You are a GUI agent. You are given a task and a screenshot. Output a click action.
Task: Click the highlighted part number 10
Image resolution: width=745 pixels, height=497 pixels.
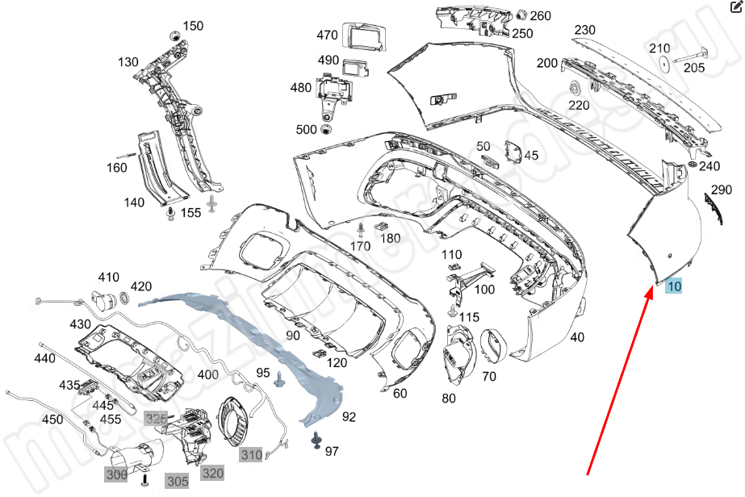(674, 286)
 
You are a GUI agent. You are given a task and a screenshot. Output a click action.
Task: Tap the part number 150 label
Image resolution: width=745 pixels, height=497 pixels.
(193, 26)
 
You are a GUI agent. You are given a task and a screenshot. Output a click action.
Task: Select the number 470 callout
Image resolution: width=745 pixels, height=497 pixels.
(327, 35)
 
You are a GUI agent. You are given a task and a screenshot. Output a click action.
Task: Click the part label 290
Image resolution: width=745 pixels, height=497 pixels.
(721, 190)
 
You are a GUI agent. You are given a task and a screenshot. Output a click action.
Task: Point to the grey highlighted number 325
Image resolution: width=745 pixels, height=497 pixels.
(155, 418)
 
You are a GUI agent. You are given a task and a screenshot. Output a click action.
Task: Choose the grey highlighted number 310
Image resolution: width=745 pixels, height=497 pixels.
(251, 456)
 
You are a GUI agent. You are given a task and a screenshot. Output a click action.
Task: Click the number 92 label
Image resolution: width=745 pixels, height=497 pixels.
(349, 417)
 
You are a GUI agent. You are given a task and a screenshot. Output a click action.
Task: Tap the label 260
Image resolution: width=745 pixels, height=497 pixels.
(541, 15)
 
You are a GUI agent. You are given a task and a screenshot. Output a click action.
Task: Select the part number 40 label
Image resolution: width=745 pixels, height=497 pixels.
(577, 337)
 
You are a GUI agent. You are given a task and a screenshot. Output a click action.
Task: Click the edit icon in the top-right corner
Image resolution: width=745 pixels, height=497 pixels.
(735, 9)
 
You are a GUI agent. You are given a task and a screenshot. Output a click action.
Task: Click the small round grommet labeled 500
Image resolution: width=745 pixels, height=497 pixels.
(327, 130)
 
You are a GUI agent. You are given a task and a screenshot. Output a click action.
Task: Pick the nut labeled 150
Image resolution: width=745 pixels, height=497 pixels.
(174, 36)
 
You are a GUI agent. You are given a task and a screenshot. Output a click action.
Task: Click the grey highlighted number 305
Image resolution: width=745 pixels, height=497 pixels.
(178, 482)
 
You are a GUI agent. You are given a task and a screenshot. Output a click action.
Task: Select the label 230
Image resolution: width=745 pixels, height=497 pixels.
(584, 30)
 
